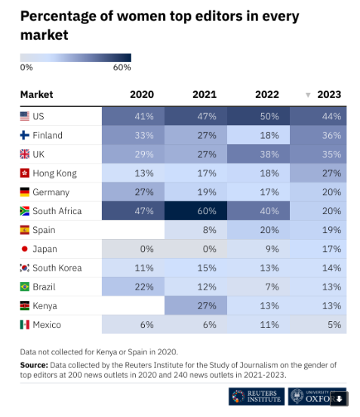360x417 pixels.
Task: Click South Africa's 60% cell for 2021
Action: click(x=195, y=211)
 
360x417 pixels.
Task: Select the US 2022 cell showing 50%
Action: click(x=258, y=116)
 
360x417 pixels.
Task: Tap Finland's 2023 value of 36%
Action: click(x=318, y=135)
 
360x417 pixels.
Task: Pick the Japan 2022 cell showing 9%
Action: click(x=258, y=249)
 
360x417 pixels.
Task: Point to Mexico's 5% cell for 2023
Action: click(x=318, y=325)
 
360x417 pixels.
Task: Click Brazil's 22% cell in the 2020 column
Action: click(x=134, y=287)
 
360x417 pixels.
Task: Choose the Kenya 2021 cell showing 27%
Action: click(x=195, y=305)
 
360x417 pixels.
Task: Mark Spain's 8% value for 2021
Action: click(x=195, y=230)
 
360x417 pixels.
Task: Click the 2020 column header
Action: click(x=142, y=94)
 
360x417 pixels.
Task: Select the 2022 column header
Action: click(x=267, y=94)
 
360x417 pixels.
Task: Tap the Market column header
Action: click(x=37, y=94)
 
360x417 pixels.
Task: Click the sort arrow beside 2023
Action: click(x=308, y=95)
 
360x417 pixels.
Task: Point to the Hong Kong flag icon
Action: click(x=25, y=173)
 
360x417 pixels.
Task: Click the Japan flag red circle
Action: click(x=24, y=249)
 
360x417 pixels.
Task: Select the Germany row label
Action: click(x=51, y=192)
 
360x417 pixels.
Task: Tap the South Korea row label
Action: click(x=57, y=268)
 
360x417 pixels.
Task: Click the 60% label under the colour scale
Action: click(x=122, y=68)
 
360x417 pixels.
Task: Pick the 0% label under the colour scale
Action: click(x=26, y=68)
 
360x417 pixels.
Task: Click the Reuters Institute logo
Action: click(x=257, y=396)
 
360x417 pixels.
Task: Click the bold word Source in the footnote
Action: click(x=34, y=365)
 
